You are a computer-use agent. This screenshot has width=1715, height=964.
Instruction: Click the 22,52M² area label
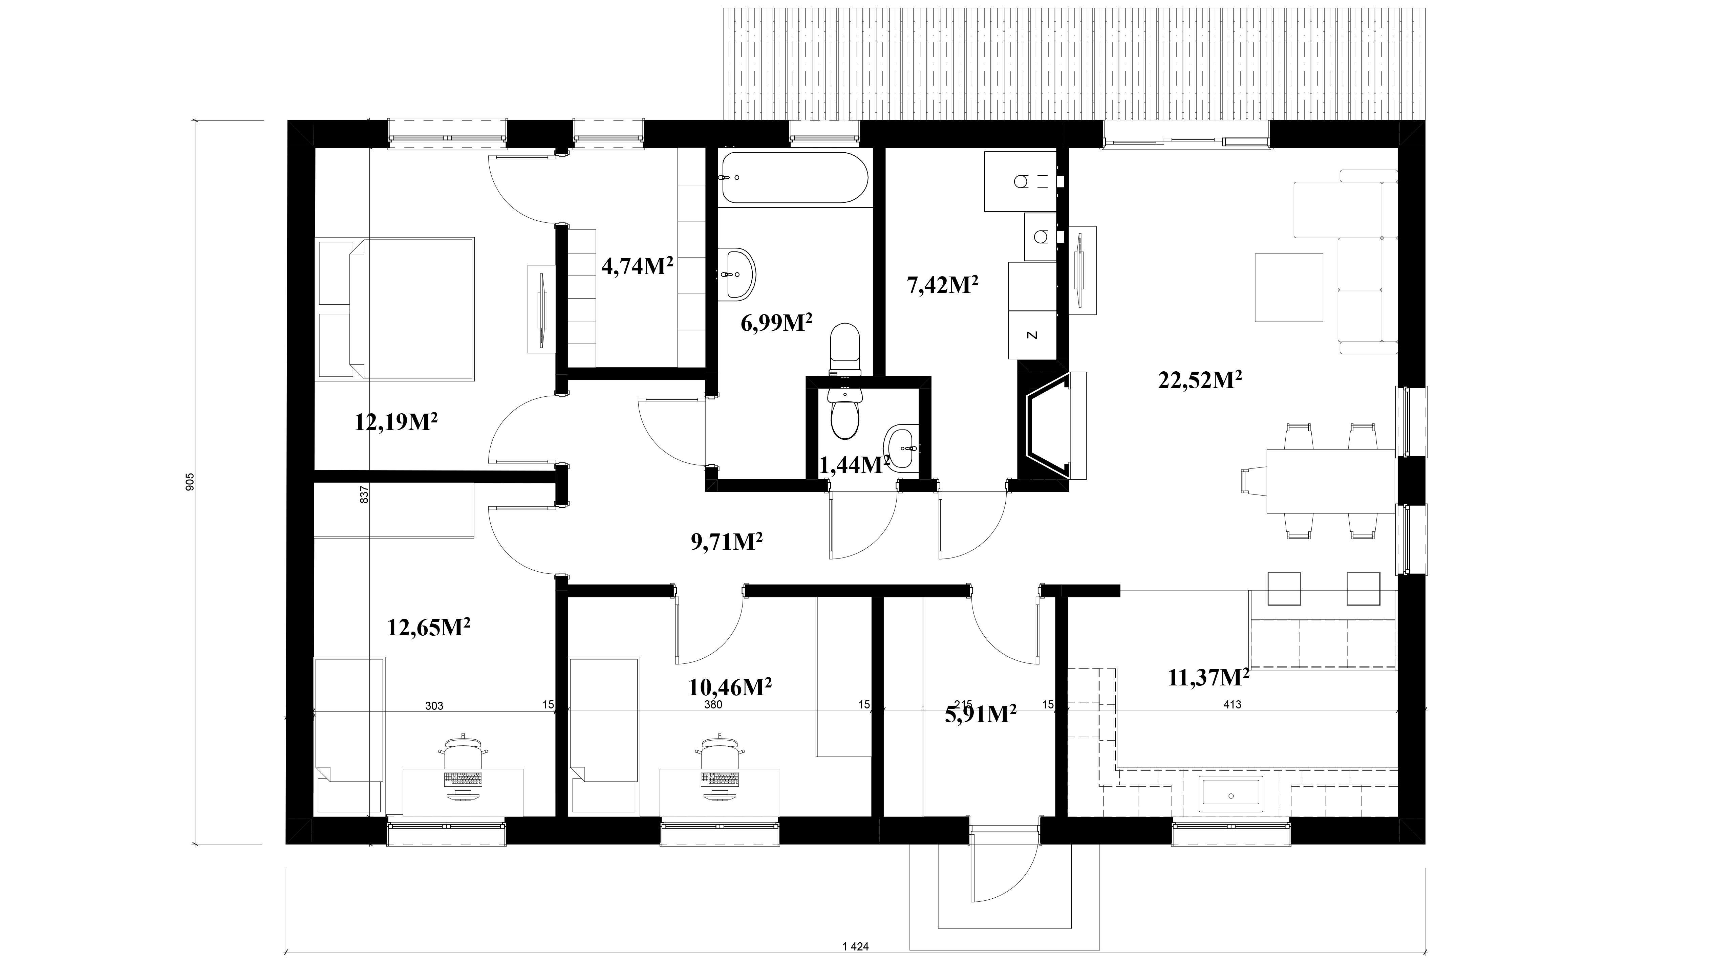tap(1200, 381)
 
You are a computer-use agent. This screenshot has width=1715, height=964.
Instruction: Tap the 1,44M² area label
tap(855, 465)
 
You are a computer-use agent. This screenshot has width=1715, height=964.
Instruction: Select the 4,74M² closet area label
tap(637, 266)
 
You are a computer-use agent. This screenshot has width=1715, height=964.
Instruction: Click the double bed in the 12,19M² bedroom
tap(396, 309)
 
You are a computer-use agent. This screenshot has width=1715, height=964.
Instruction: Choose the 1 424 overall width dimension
tap(856, 946)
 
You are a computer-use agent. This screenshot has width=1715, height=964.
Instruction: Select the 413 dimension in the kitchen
tap(1232, 704)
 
